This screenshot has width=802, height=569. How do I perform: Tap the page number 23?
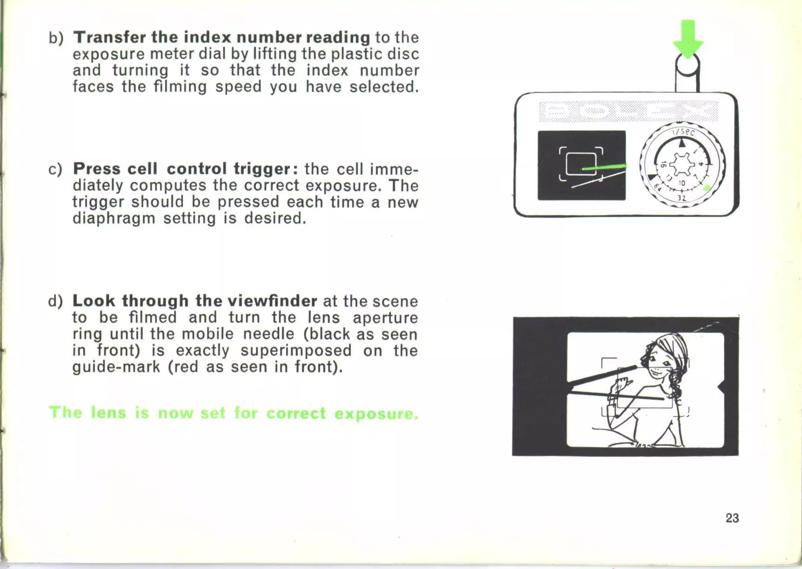[x=732, y=518]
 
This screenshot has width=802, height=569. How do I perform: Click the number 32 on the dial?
[x=682, y=198]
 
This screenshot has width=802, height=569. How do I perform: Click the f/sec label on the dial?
[x=683, y=132]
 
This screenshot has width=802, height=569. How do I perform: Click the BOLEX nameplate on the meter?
[x=628, y=111]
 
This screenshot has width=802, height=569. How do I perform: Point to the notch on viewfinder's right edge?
[x=721, y=387]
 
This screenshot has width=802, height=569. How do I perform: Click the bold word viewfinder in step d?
[x=272, y=301]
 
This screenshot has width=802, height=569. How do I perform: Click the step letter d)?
[x=56, y=301]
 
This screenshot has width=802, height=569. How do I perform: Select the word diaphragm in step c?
[x=114, y=218]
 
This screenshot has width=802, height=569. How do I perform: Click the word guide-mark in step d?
[x=116, y=367]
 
